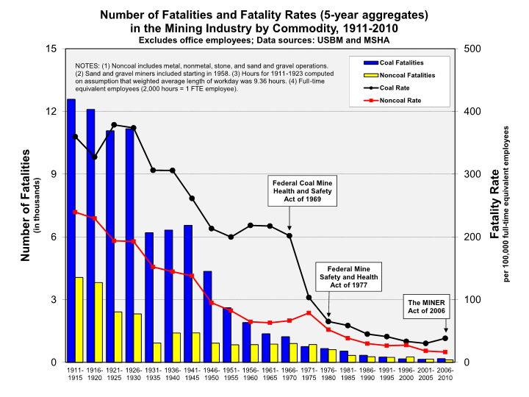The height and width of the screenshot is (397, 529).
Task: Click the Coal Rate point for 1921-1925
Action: tap(114, 125)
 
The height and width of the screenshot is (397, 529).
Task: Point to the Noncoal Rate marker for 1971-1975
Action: tap(309, 313)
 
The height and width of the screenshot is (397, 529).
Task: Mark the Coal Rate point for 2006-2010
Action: tap(445, 338)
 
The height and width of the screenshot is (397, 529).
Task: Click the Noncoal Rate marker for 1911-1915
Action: tap(75, 212)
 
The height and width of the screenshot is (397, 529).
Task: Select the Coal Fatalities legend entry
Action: tap(397, 63)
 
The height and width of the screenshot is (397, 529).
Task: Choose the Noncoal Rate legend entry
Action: tap(397, 99)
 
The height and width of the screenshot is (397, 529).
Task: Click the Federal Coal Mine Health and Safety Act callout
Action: tap(289, 193)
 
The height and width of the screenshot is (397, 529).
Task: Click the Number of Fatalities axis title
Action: tap(25, 205)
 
